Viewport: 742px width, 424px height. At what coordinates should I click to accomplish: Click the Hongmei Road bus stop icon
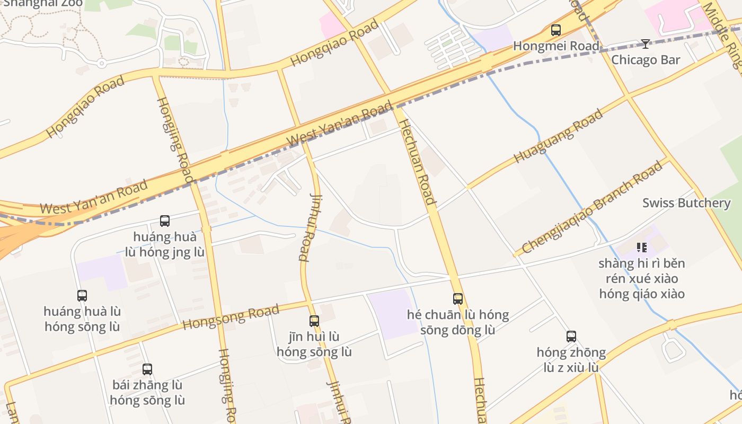point(555,30)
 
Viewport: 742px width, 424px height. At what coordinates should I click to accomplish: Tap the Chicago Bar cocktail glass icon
point(645,43)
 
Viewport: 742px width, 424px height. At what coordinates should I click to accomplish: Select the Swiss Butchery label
point(686,203)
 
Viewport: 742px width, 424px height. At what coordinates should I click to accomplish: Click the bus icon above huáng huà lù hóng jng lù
point(165,220)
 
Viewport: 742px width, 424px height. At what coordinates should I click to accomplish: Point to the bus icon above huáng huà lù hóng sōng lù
point(82,295)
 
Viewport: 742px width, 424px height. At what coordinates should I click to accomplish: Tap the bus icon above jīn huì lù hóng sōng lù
point(314,321)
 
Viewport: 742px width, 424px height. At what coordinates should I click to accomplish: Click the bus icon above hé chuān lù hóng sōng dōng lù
point(458,298)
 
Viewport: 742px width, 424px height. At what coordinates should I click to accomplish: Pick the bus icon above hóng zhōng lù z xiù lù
point(571,336)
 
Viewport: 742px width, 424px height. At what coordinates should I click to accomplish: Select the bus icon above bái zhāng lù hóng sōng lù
point(147,369)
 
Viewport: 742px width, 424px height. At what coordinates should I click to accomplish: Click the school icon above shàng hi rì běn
point(642,247)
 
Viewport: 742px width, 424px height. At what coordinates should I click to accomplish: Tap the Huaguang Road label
point(559,136)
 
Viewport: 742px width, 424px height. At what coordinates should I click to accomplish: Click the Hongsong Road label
point(231,317)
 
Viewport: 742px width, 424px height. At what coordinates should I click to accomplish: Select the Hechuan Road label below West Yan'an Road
point(417,162)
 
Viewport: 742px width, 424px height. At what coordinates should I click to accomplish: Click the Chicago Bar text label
point(646,59)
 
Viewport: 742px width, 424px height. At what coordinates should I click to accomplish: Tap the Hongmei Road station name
point(556,46)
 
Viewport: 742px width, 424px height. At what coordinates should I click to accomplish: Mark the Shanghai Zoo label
point(43,3)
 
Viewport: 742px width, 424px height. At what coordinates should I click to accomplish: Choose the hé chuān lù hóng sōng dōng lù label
point(458,322)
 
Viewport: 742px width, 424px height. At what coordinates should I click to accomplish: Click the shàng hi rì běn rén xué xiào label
point(642,278)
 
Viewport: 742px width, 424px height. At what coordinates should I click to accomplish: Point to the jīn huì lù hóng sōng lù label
point(314,344)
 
